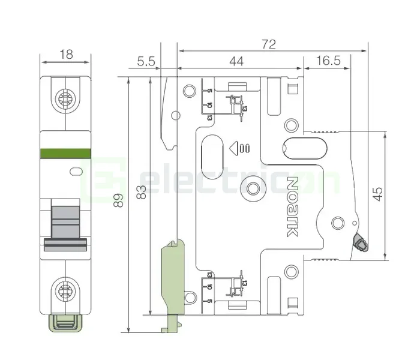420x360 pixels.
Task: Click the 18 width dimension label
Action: click(66, 54)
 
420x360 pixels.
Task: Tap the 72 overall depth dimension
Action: click(268, 44)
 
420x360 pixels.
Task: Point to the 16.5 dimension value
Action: click(328, 61)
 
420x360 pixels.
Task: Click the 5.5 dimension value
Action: click(146, 61)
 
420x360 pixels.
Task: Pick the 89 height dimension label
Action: click(121, 200)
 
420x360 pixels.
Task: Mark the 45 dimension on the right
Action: click(377, 194)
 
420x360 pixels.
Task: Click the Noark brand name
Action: click(292, 206)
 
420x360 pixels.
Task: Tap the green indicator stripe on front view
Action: click(65, 153)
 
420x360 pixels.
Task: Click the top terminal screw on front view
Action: click(65, 98)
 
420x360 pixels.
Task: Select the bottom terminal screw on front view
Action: click(65, 292)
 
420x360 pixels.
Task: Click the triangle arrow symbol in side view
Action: click(233, 147)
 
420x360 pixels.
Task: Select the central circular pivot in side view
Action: click(253, 190)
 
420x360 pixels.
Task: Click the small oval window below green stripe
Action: click(76, 172)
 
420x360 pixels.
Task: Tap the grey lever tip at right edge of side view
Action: click(361, 242)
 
